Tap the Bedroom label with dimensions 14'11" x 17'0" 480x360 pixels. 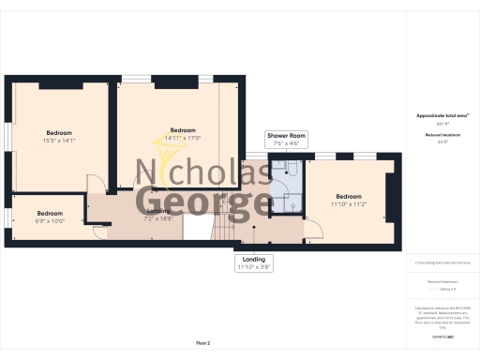click(182, 133)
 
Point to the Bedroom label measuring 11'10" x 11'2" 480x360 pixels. click(348, 200)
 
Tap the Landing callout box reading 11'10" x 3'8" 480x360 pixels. click(253, 262)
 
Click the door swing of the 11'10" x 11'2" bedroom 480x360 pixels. click(319, 232)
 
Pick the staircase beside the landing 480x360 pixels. click(225, 228)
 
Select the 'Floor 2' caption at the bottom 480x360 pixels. click(202, 344)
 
